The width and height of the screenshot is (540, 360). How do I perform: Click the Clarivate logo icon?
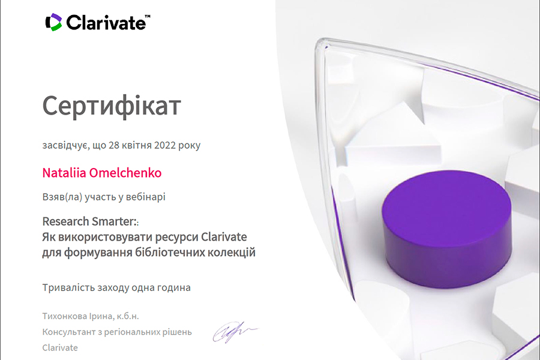(53, 22)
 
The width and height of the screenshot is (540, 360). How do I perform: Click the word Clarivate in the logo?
(106, 23)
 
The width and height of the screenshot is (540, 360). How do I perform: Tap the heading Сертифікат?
(112, 106)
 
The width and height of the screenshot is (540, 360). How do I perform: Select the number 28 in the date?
(114, 145)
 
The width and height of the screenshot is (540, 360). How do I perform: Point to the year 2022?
(165, 145)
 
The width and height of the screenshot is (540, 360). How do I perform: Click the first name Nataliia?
(64, 173)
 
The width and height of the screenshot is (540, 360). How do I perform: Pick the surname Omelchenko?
(125, 173)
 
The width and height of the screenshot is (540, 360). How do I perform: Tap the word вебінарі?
(146, 197)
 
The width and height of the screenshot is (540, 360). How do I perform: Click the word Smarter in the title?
(115, 221)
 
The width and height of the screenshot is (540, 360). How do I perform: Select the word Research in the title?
(65, 221)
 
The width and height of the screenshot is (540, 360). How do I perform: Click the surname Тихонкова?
(64, 316)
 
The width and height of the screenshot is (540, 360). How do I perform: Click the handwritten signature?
(234, 332)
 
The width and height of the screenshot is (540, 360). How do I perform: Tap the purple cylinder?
(446, 229)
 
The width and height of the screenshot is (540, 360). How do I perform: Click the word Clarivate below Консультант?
(60, 347)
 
